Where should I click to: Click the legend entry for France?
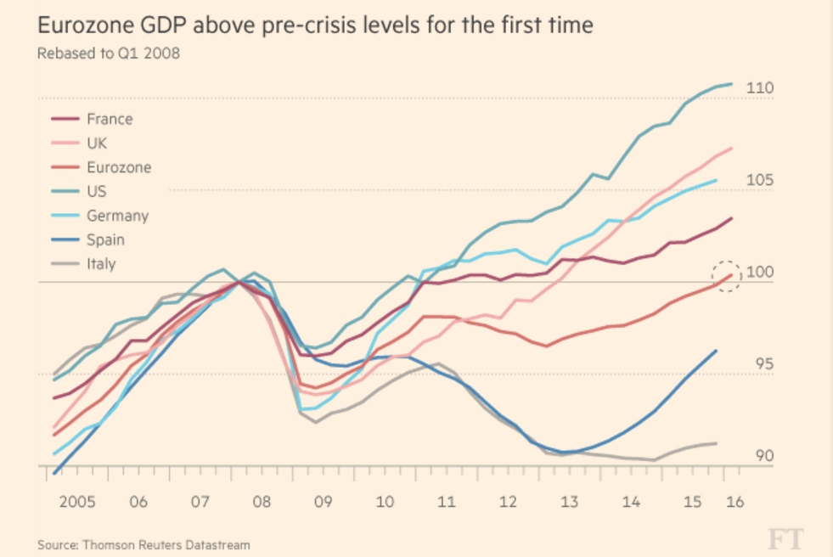pos(110,119)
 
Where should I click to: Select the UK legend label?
pos(97,143)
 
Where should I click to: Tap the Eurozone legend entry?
pos(118,167)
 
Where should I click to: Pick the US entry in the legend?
pos(96,191)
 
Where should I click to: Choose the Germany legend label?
pos(117,216)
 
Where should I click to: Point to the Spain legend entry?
pos(105,239)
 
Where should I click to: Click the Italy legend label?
pos(100,263)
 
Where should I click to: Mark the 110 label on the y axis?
pos(759,88)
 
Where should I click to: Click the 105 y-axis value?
pos(759,180)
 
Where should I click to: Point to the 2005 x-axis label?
pos(76,501)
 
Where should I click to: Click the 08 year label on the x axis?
pos(262,501)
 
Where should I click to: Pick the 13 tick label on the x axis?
pos(569,501)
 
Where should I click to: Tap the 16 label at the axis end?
pos(735,501)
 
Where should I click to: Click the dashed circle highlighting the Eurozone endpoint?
pos(728,275)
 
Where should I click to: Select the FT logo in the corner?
pos(785,538)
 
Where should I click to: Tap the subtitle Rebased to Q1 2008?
pos(108,53)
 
